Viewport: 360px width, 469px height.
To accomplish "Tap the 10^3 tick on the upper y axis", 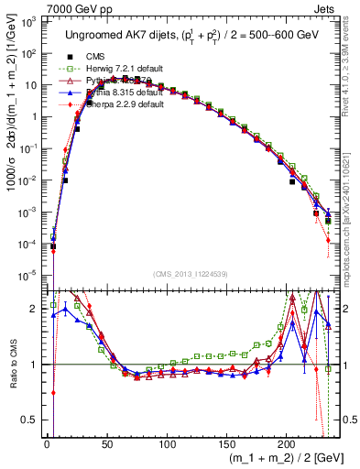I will tap(29, 21).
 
